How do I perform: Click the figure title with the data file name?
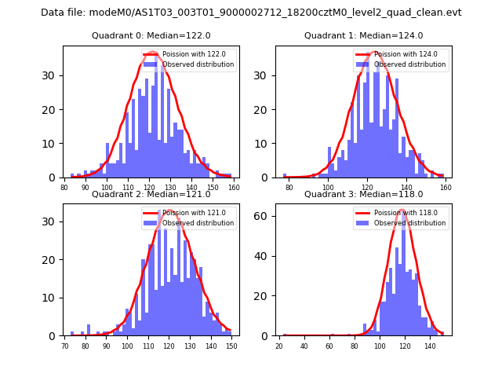coord(251,13)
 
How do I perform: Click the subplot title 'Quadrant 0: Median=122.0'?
coord(151,35)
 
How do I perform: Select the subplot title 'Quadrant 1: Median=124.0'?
coord(363,35)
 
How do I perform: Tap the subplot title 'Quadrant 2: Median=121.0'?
coord(151,194)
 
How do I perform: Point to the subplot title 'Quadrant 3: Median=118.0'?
coord(363,194)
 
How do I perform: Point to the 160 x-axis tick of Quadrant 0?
coord(234,187)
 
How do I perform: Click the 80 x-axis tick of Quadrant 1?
coord(289,187)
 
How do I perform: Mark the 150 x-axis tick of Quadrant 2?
coord(231,345)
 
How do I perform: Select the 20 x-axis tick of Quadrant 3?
coord(279,345)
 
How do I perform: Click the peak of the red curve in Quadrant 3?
coord(404,210)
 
